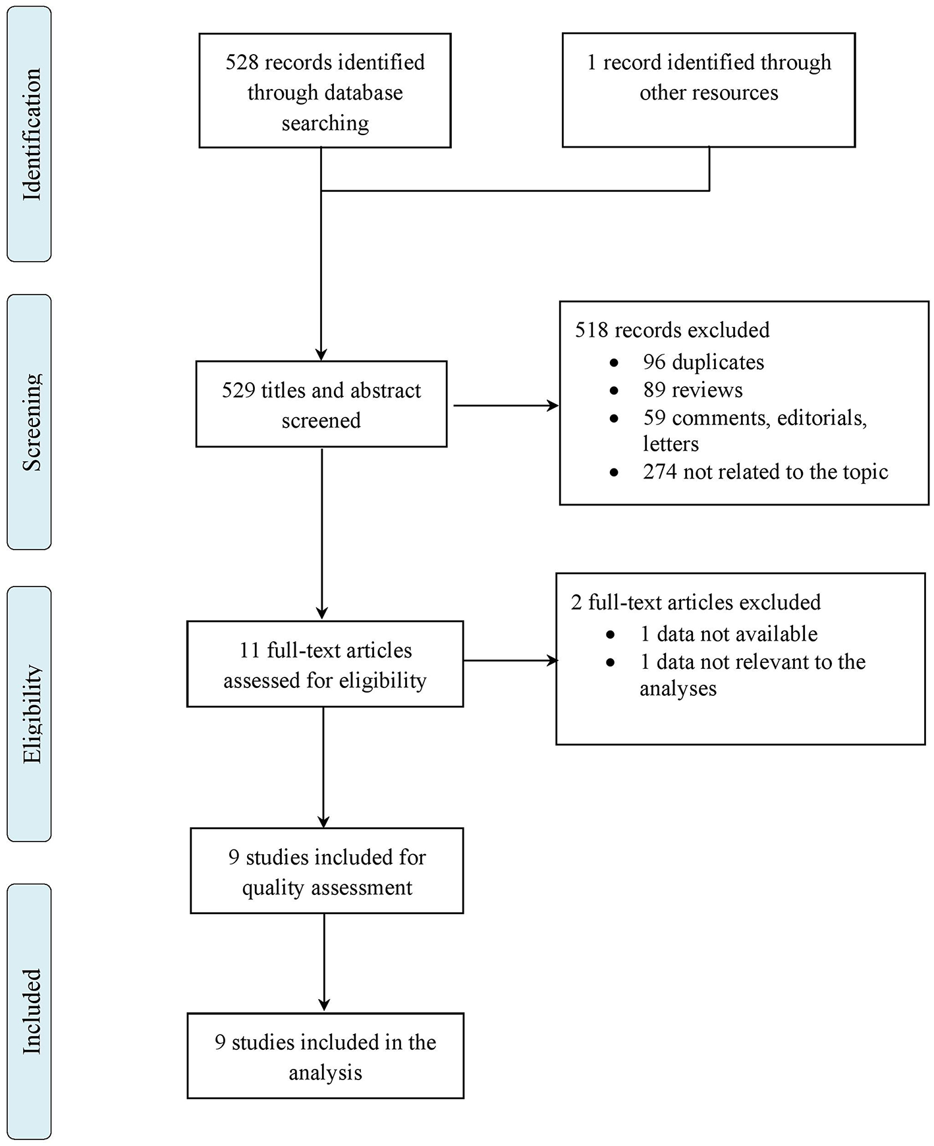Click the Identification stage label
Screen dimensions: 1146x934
pos(30,134)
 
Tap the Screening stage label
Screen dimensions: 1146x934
pos(30,422)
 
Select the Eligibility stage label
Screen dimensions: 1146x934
pos(30,714)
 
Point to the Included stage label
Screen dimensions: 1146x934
pos(30,1012)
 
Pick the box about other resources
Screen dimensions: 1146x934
pos(709,90)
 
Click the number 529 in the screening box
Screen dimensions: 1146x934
pos(238,391)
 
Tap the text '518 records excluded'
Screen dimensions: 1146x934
pos(672,330)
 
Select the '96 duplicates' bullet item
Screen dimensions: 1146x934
pos(703,362)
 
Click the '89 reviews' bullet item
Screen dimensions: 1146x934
pos(692,390)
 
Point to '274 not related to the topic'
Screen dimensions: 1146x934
pos(765,472)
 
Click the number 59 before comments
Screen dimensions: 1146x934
pos(654,418)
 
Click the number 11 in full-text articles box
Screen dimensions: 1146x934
pos(250,651)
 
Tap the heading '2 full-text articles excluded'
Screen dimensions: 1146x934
pos(696,602)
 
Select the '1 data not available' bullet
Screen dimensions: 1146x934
pos(728,634)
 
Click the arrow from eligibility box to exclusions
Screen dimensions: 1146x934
pos(509,660)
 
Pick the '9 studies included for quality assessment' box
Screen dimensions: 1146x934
pos(327,871)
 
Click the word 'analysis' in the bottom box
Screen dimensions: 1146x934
pos(325,1073)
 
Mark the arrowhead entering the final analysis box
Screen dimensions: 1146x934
pos(324,1006)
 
